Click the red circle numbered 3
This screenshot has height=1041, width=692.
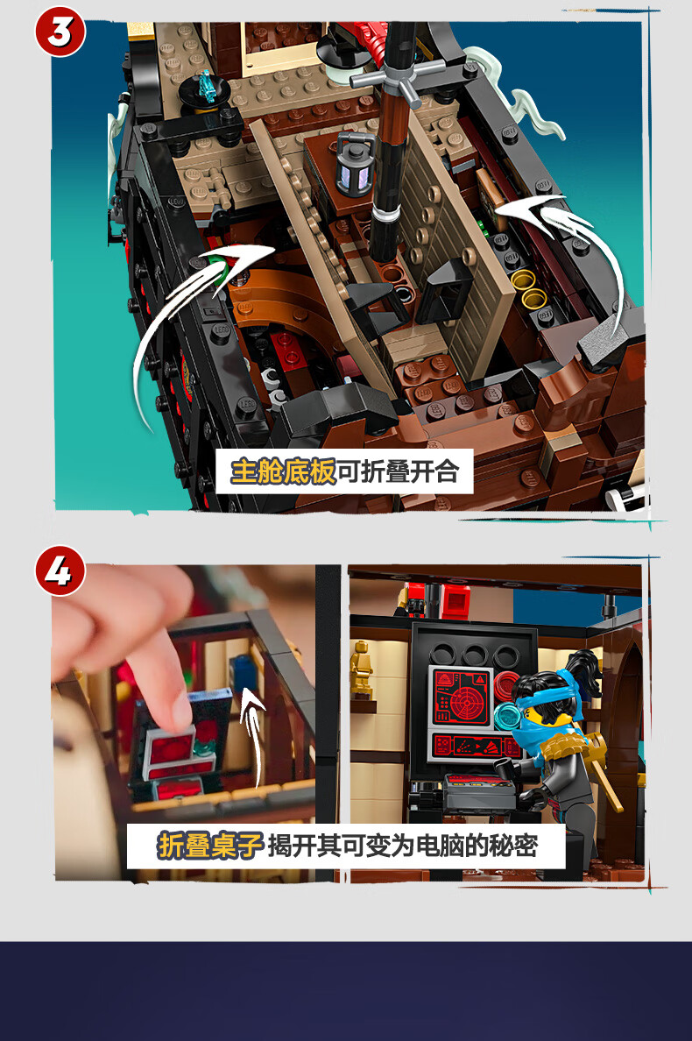coord(60,32)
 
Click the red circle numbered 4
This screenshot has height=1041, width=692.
coord(60,571)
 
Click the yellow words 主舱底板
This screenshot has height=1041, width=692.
coord(283,471)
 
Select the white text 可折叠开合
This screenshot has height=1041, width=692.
coord(398,471)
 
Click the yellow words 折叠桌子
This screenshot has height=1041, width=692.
coord(210,845)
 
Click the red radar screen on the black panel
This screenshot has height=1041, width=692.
coord(461,697)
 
